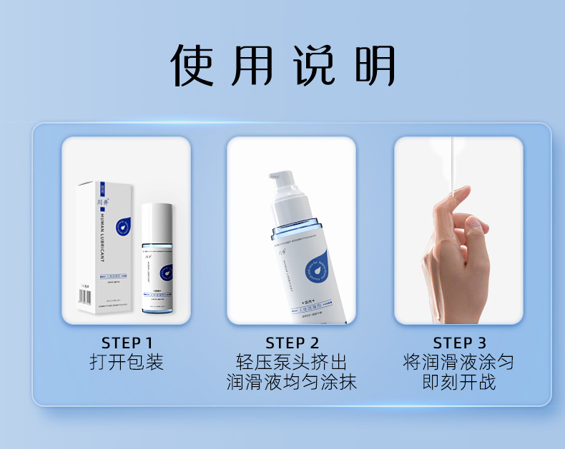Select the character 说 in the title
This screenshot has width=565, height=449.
click(315, 66)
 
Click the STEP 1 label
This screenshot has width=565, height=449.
click(127, 343)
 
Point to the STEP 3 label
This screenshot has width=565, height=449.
click(459, 343)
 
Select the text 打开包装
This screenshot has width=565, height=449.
click(127, 362)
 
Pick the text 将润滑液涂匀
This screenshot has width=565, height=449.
click(459, 362)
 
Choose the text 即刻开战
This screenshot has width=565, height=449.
click(459, 383)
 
